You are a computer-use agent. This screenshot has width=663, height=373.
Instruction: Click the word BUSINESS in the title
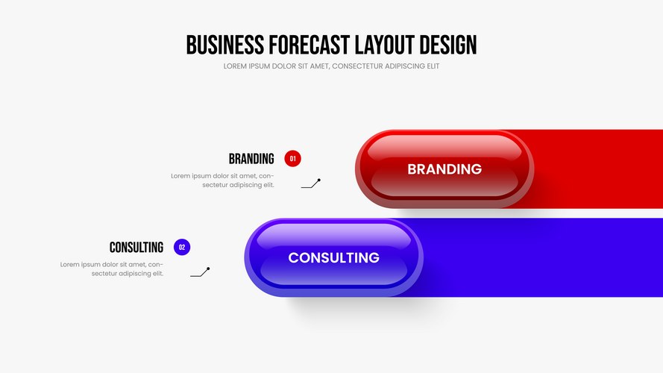coord(225,45)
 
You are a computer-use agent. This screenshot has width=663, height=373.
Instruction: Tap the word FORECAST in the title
coord(309,45)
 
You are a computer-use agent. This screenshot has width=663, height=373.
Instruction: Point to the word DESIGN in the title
coord(448,45)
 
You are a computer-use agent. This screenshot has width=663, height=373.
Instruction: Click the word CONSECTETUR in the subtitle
coord(358,66)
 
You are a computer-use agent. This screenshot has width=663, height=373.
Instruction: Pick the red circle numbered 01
coord(292,159)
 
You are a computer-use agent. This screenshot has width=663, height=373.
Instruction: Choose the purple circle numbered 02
coord(182,247)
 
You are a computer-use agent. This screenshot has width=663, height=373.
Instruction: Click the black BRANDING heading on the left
coord(251,159)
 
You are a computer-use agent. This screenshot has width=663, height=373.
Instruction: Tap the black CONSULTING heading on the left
coord(136,248)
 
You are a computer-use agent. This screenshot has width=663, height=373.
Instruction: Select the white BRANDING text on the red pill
coord(444,169)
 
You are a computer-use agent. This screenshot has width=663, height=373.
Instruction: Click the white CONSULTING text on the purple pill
coord(333,257)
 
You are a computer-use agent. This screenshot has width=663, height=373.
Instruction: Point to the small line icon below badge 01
coord(311,183)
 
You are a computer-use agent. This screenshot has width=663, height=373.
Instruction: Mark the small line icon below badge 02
coord(200,272)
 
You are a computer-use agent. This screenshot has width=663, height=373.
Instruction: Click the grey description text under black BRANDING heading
coord(222,180)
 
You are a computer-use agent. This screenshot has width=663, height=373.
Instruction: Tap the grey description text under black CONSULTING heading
coord(112,269)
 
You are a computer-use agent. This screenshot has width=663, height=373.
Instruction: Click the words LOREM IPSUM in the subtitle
coord(247,66)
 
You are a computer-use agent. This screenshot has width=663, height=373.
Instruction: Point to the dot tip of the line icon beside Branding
coord(319,180)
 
